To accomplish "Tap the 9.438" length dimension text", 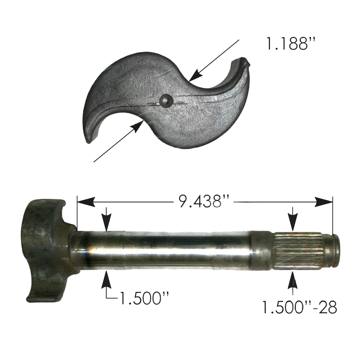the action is pyautogui.click(x=203, y=201).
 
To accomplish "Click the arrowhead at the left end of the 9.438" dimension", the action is pyautogui.click(x=86, y=202).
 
